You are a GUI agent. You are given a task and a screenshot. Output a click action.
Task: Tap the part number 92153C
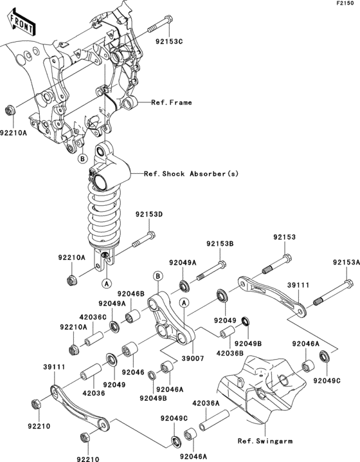[168, 42]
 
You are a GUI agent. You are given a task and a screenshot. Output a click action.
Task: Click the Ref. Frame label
[172, 102]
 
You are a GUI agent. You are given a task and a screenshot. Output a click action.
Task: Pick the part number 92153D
[149, 215]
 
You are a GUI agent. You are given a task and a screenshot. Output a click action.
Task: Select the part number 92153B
[220, 244]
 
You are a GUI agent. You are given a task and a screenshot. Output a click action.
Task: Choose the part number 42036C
[93, 317]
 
